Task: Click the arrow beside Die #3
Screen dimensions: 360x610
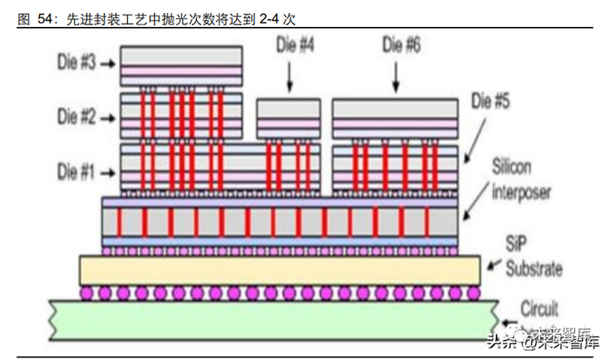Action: (110, 64)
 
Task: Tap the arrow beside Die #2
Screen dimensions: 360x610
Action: (110, 114)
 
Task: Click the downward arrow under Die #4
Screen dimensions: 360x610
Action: (289, 78)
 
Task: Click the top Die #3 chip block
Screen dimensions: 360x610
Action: (181, 63)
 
